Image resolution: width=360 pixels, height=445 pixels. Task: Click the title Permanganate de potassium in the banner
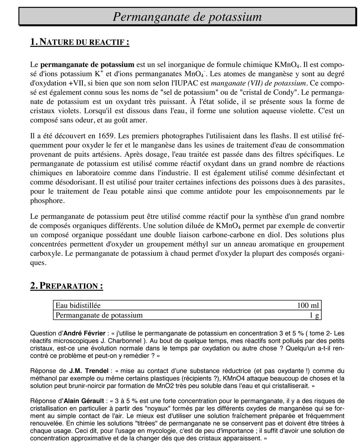(187, 17)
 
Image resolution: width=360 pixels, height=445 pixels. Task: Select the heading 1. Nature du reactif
(80, 42)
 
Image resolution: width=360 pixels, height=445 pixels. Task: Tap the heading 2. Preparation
(66, 286)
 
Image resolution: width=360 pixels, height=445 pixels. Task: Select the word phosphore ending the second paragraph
(46, 200)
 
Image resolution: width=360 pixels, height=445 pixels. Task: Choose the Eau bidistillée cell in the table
(78, 306)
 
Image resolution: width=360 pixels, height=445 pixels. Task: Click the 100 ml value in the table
(308, 306)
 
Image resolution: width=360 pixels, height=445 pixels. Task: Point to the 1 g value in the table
(314, 315)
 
